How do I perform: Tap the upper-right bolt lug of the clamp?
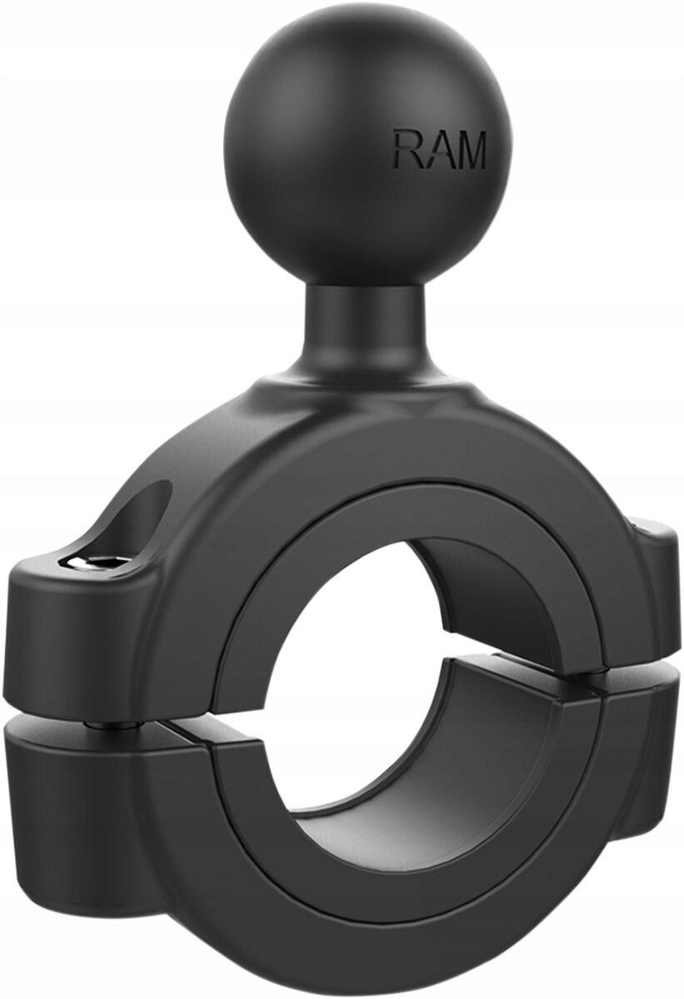tap(658, 583)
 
